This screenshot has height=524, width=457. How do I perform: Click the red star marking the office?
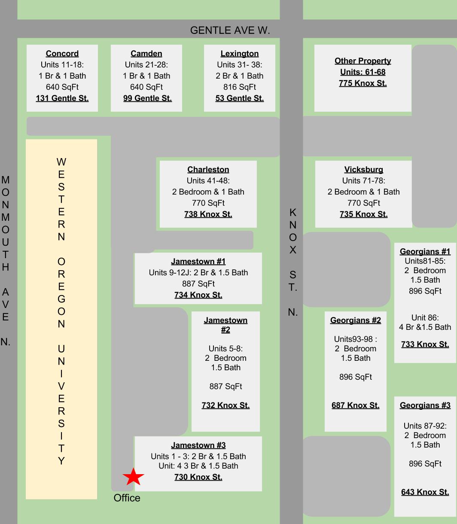pos(133,476)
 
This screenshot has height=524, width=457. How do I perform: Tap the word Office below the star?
pos(127,498)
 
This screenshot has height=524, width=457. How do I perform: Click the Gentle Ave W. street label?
pos(230,30)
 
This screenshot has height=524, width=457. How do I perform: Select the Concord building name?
pos(62,53)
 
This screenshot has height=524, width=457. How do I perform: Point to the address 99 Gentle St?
pos(147,98)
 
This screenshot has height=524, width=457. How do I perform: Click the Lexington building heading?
pos(240,53)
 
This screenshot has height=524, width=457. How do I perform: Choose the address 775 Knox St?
pos(363,83)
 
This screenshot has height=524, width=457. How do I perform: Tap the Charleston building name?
pos(208,169)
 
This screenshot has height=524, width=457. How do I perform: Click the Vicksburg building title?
pos(363,169)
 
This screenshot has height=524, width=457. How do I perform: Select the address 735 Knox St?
pos(363,214)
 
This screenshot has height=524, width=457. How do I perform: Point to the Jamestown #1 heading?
pos(198,261)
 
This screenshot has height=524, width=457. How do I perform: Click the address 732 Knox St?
pos(225,405)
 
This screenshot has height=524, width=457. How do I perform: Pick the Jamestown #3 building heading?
pos(198,445)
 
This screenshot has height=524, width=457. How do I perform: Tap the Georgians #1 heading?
pos(425,251)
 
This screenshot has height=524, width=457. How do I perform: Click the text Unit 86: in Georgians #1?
pos(425,317)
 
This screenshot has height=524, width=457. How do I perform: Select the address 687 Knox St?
pos(355,405)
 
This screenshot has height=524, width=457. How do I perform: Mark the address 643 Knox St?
pos(425,492)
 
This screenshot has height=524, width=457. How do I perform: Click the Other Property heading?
pos(363,61)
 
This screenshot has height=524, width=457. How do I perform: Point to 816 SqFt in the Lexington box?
pos(240,87)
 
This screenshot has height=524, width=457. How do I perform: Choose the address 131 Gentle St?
pos(62,98)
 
